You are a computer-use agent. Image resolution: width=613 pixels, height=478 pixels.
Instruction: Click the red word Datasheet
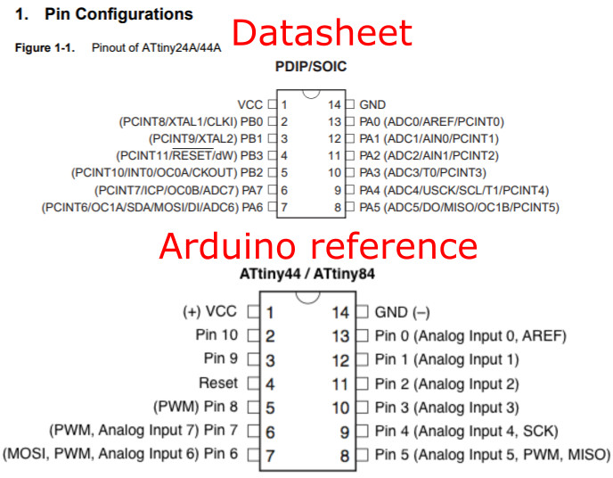point(323,33)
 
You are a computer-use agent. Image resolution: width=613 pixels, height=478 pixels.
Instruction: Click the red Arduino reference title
point(319,246)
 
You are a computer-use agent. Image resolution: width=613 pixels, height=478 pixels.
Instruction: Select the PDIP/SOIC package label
point(311,67)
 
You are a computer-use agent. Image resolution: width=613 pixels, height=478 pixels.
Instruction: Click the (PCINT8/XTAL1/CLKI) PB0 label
point(191,121)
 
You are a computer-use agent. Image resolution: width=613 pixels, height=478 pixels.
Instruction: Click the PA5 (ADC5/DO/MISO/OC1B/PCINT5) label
point(458,207)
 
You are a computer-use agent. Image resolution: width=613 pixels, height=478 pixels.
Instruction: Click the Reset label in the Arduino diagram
point(218,383)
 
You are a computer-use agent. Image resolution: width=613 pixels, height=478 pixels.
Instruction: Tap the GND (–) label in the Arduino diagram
point(402,312)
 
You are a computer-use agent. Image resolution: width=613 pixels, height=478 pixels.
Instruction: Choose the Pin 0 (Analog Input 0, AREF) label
point(470,336)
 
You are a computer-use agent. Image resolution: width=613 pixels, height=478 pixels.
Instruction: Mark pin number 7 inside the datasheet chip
point(284,207)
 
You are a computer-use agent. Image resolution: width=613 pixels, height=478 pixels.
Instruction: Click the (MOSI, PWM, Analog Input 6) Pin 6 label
point(121,454)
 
